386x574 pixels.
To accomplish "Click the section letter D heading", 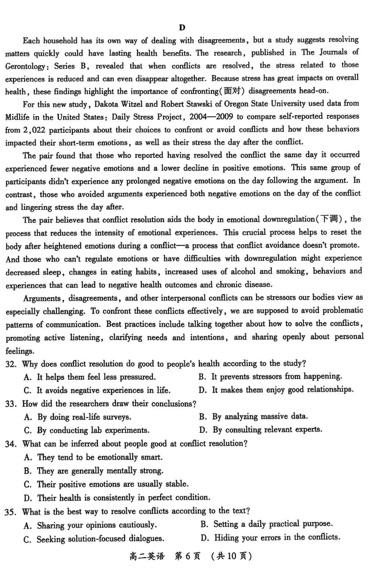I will pos(182,28).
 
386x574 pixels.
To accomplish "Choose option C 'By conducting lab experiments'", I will pos(86,430).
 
